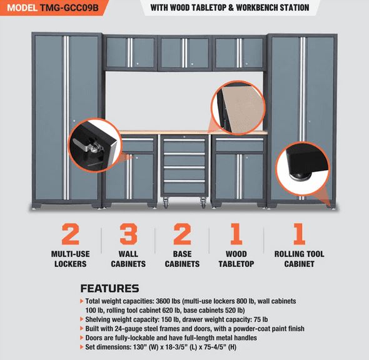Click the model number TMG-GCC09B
pyautogui.click(x=69, y=7)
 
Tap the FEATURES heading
pyautogui.click(x=109, y=289)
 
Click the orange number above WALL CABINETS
pyautogui.click(x=128, y=234)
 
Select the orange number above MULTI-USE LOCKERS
pyautogui.click(x=71, y=234)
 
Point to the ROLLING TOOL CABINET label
pyautogui.click(x=299, y=259)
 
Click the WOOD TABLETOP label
pyautogui.click(x=236, y=259)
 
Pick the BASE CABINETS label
pyautogui.click(x=182, y=259)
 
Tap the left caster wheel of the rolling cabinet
pyautogui.click(x=166, y=202)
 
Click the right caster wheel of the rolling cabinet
pyautogui.click(x=203, y=202)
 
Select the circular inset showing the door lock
pyautogui.click(x=95, y=145)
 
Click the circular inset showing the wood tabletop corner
pyautogui.click(x=238, y=108)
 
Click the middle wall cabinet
pyautogui.click(x=184, y=53)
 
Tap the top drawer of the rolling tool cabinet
pyautogui.click(x=184, y=145)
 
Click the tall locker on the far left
pyautogui.click(x=66, y=120)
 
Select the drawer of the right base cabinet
pyautogui.click(x=240, y=144)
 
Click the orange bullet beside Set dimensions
pyautogui.click(x=82, y=347)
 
